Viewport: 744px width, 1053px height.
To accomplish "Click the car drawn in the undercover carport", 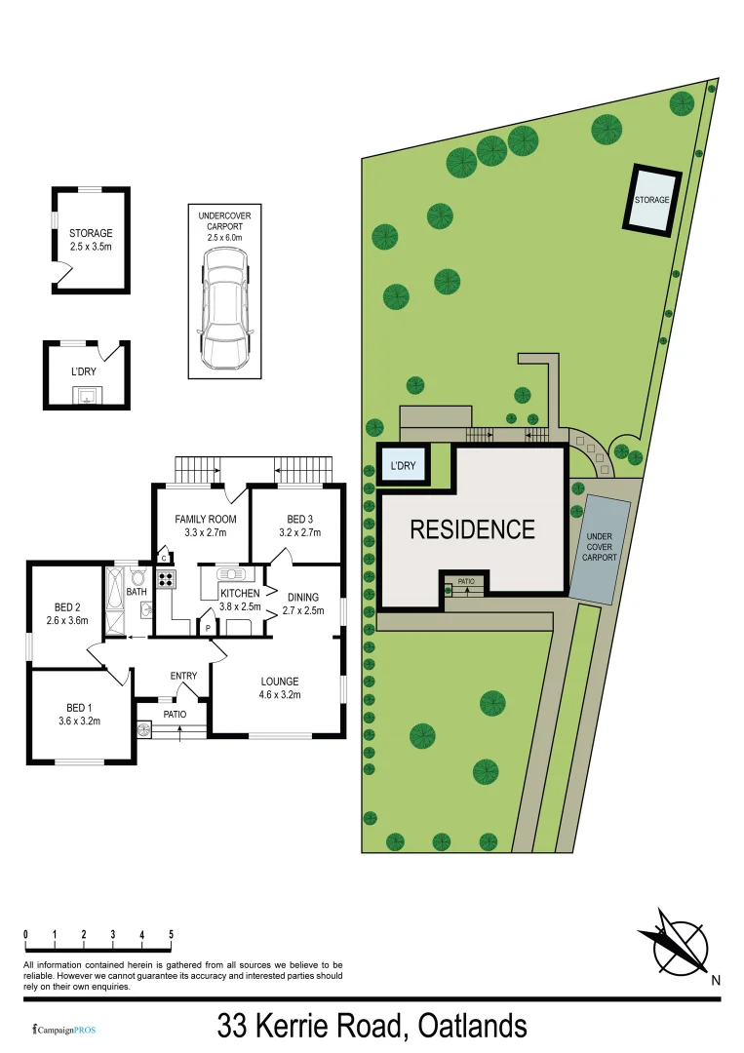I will pyautogui.click(x=225, y=307).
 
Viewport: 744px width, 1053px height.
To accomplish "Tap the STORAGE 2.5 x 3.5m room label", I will pyautogui.click(x=91, y=241).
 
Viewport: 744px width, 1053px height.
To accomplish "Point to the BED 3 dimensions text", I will pyautogui.click(x=299, y=533).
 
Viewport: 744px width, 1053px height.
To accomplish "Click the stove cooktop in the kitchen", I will pyautogui.click(x=166, y=579).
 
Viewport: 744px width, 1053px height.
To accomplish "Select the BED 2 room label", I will pyautogui.click(x=67, y=612).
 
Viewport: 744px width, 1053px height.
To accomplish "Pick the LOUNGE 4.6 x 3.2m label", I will pyautogui.click(x=279, y=687).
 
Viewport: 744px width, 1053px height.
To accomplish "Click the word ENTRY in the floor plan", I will pyautogui.click(x=183, y=676).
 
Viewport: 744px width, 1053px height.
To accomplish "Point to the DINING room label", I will pyautogui.click(x=302, y=604).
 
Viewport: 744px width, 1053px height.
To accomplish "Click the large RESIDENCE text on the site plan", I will pyautogui.click(x=472, y=529).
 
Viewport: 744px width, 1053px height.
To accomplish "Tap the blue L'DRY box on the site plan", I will pyautogui.click(x=403, y=466).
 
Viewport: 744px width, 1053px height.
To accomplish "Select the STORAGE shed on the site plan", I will pyautogui.click(x=652, y=200).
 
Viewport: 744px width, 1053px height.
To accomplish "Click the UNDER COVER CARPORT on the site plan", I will pyautogui.click(x=600, y=546).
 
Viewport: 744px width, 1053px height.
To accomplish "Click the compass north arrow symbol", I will pyautogui.click(x=681, y=941).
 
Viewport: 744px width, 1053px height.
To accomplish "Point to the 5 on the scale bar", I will pyautogui.click(x=172, y=934).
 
